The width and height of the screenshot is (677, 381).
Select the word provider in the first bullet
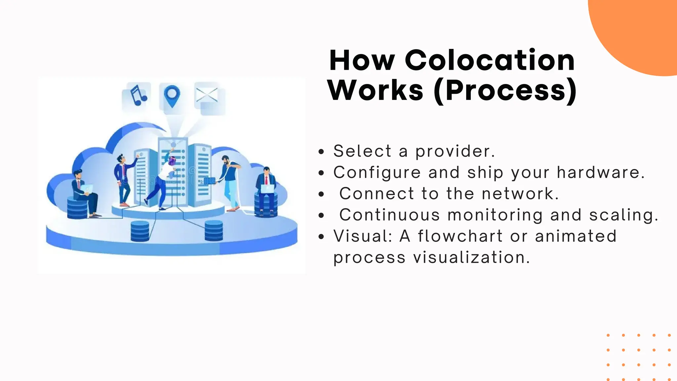455,151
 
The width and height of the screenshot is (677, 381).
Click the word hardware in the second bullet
600,173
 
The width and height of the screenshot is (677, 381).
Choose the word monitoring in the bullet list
495,215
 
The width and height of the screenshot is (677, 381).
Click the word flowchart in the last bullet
460,236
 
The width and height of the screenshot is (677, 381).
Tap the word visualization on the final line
472,258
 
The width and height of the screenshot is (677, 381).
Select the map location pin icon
172,96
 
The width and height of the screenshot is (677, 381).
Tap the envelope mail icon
207,96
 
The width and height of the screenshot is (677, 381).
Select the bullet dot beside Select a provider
321,152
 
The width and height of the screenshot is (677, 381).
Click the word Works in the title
376,91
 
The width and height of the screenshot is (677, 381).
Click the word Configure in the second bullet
377,173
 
